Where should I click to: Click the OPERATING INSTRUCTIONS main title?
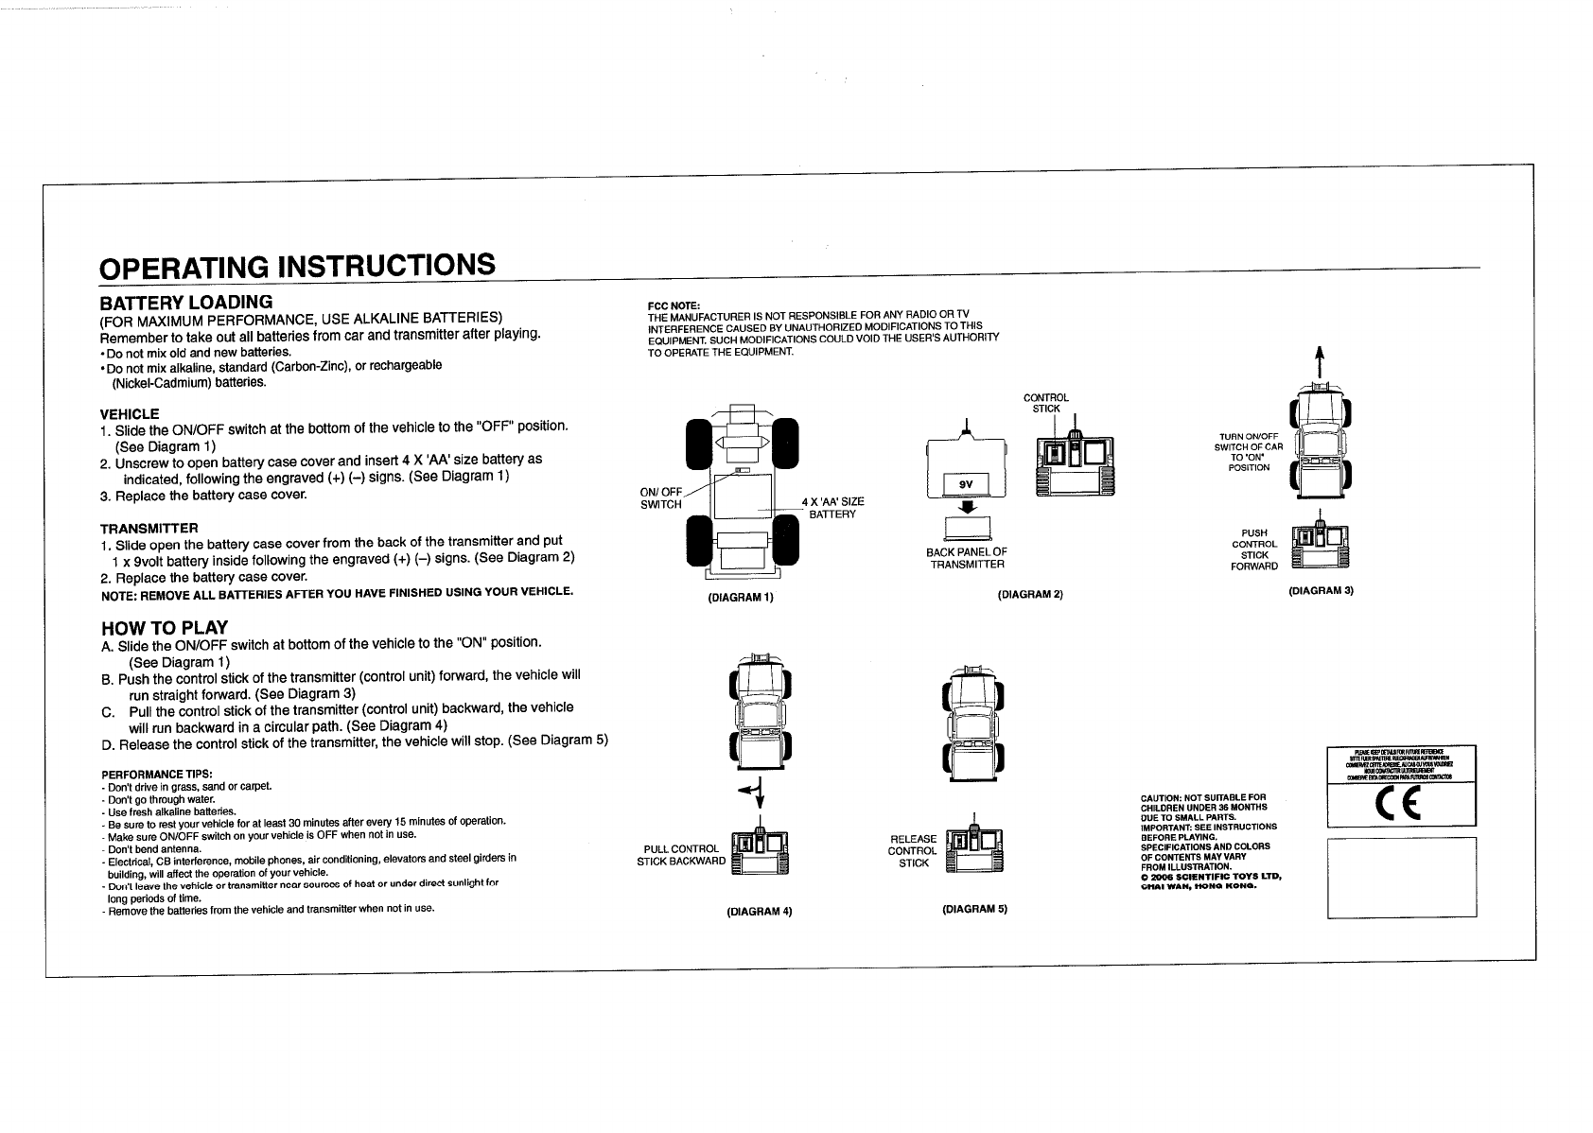(x=297, y=266)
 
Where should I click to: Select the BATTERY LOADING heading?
(x=186, y=303)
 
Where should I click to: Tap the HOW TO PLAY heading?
(x=164, y=628)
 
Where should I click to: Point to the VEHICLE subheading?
(x=130, y=414)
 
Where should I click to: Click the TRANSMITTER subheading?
(x=149, y=528)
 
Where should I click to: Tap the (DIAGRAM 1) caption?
(x=741, y=597)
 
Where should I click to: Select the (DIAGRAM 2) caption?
(x=1030, y=594)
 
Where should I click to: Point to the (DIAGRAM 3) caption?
(x=1322, y=591)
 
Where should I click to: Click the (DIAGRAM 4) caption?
(x=759, y=912)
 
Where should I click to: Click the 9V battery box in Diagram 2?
(x=966, y=484)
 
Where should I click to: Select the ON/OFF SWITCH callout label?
(x=661, y=497)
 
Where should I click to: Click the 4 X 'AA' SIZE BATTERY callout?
(x=832, y=507)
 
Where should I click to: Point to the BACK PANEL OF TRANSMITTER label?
(x=967, y=558)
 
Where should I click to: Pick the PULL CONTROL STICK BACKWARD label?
(x=681, y=855)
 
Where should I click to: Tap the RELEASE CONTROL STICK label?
(x=914, y=850)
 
